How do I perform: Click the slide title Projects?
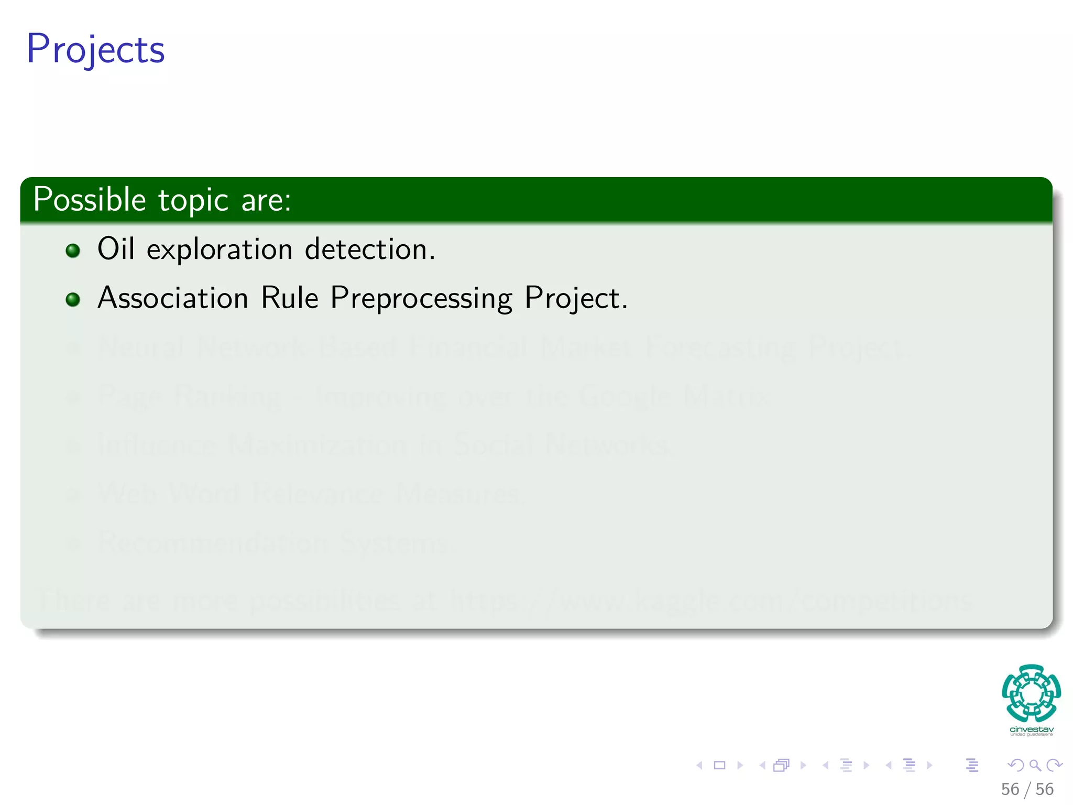click(x=96, y=49)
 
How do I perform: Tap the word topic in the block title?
click(x=193, y=201)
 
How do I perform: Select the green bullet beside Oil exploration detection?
click(x=73, y=251)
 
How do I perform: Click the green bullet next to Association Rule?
click(x=73, y=299)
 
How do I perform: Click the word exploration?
click(x=219, y=250)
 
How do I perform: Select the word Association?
click(x=173, y=298)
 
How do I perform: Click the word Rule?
click(x=289, y=298)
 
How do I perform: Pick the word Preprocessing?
click(x=421, y=299)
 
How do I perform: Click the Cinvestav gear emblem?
click(x=1031, y=693)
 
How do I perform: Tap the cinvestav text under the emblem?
click(x=1031, y=730)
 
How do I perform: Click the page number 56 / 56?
click(x=1026, y=789)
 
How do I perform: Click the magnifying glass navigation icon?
click(x=1035, y=765)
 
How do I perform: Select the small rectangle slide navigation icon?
click(x=719, y=765)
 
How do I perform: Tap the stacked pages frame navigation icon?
click(x=781, y=765)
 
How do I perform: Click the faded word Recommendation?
click(x=213, y=543)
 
